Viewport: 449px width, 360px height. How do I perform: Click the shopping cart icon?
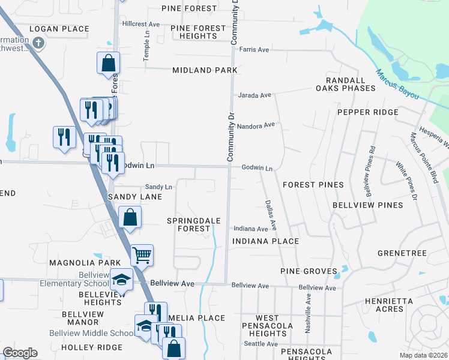[142, 255]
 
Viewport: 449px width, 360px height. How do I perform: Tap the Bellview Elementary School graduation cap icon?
[121, 279]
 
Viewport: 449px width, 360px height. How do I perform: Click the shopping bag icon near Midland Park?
[109, 62]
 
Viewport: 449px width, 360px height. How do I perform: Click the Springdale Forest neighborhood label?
[193, 225]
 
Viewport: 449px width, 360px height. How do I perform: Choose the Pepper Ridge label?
[367, 112]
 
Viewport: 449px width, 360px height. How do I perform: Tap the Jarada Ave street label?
[255, 95]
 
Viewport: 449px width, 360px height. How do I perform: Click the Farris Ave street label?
[254, 49]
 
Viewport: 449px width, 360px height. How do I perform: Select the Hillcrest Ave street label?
[140, 24]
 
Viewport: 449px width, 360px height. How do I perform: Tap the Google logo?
[20, 353]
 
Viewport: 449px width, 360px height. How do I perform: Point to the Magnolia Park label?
[77, 263]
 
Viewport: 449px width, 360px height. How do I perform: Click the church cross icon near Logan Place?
[38, 43]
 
